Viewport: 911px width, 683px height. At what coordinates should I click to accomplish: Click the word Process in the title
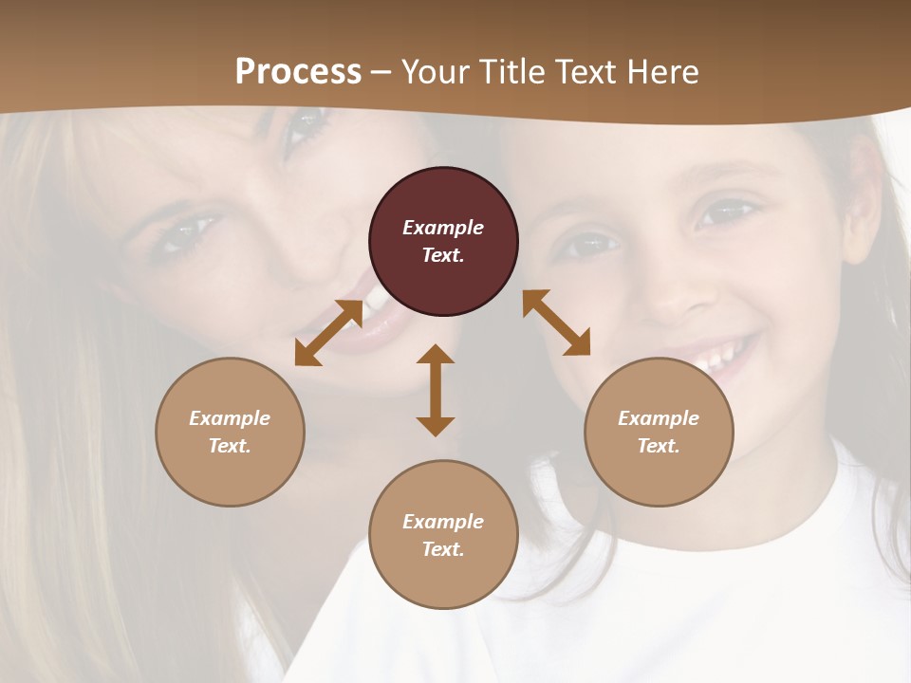tap(298, 72)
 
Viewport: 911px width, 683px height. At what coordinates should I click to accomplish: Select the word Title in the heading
tap(514, 72)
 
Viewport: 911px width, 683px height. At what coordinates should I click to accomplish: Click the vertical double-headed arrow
tap(436, 390)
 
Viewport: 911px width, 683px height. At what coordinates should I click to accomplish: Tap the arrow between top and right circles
tap(556, 323)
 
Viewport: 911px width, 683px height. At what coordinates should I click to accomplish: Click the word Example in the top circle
tap(443, 228)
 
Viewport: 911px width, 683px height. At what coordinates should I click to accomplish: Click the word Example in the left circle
tap(230, 418)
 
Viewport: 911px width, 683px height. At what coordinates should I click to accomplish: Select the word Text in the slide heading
tap(586, 72)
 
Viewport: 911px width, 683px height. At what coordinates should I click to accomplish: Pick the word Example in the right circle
tap(659, 418)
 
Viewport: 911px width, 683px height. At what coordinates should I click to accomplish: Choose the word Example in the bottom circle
tap(443, 522)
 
